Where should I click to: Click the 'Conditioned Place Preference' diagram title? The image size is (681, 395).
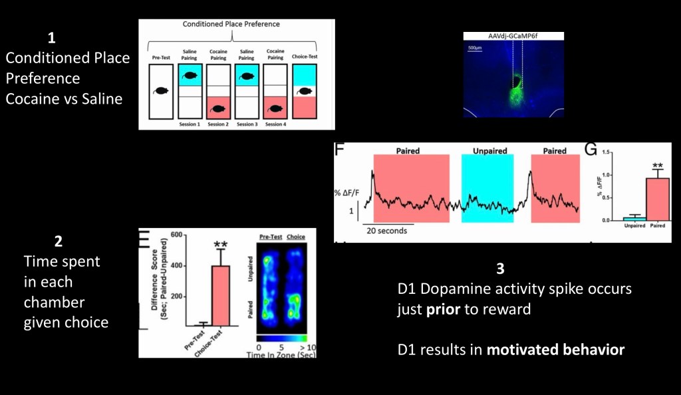click(x=231, y=25)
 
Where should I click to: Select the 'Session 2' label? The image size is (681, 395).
click(x=217, y=124)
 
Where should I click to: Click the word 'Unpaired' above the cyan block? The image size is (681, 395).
click(x=487, y=151)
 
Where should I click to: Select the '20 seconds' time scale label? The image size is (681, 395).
click(x=385, y=231)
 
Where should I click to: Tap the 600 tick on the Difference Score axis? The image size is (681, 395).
click(x=176, y=234)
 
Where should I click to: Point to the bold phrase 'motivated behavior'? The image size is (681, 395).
click(x=556, y=349)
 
